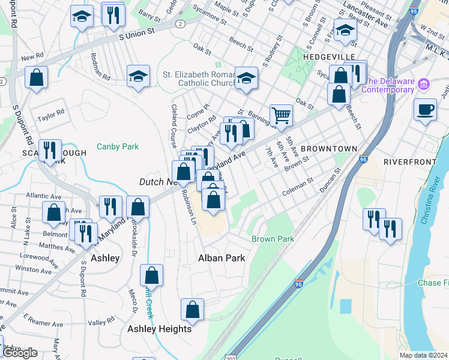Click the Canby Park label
tap(118, 146)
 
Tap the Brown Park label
tap(273, 239)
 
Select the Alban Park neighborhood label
tap(221, 258)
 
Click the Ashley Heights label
tap(159, 329)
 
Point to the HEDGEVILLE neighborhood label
tap(326, 56)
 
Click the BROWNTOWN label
tap(328, 148)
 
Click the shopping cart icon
tap(280, 114)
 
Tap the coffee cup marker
tap(425, 109)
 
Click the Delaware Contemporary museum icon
tap(424, 85)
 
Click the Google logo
tap(20, 353)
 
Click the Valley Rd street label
tap(100, 323)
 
